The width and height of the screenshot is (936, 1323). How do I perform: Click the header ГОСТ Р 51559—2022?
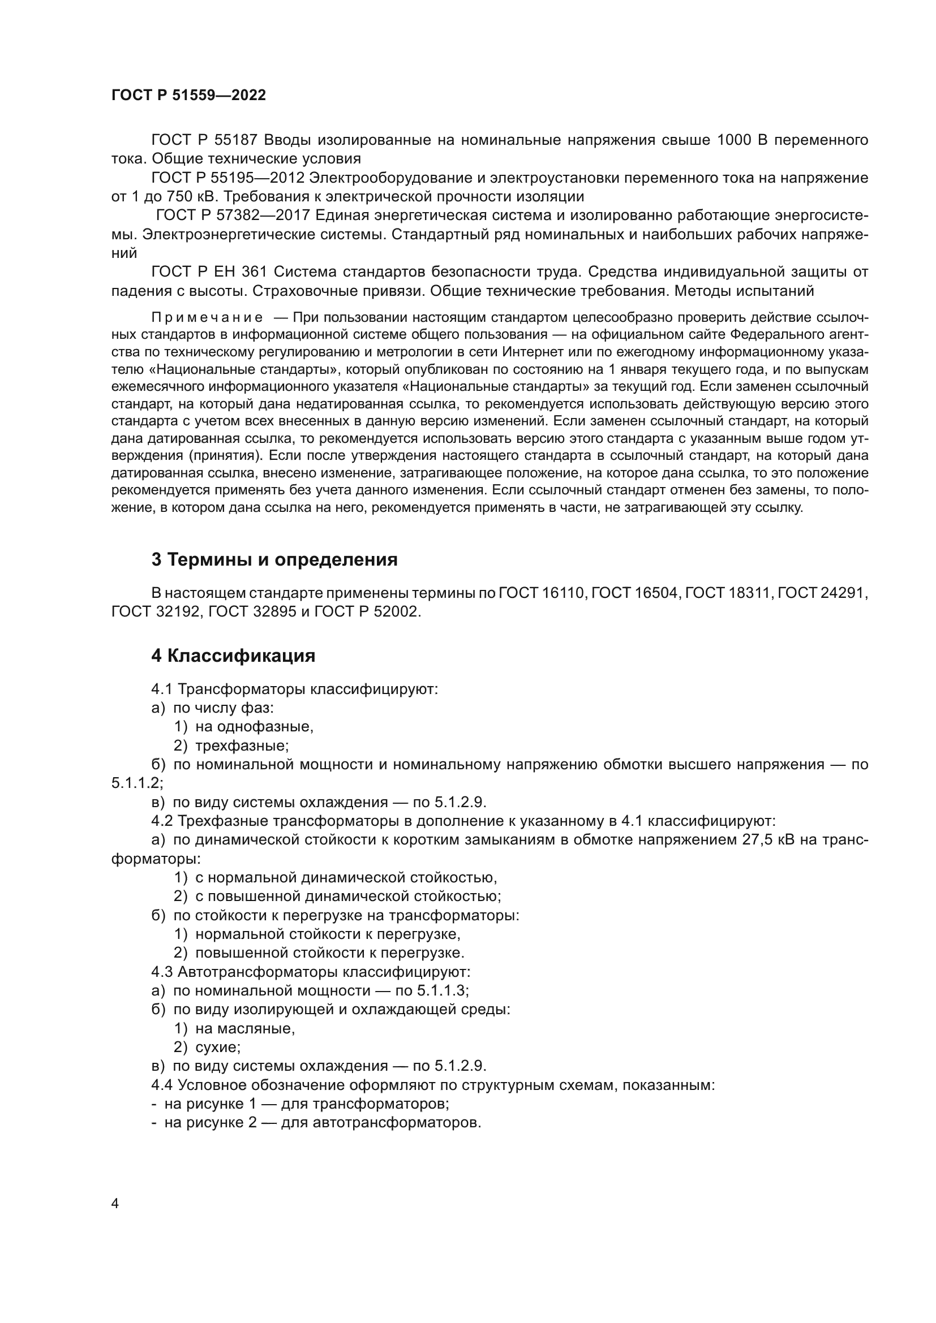click(x=188, y=95)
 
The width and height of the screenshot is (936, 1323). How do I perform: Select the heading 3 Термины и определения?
click(x=274, y=559)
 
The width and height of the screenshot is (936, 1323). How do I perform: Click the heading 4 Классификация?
click(x=233, y=655)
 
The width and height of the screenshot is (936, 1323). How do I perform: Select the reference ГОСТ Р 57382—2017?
click(x=233, y=216)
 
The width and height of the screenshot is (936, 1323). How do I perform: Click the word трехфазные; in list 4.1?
click(x=242, y=745)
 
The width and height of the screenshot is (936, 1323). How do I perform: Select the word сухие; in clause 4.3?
click(x=218, y=1047)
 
